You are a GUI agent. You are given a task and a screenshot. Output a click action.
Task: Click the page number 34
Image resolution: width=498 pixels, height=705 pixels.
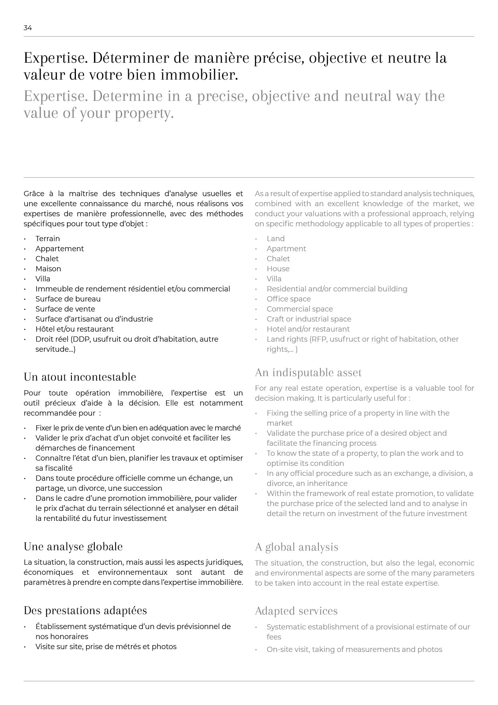pos(28,28)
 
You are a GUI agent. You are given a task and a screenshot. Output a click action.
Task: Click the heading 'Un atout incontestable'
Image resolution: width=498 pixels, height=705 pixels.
pos(80,377)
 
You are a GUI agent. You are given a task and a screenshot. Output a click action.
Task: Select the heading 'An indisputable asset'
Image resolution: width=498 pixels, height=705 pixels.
pos(308,373)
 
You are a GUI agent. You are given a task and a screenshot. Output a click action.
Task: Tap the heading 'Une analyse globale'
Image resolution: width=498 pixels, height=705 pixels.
pos(73,547)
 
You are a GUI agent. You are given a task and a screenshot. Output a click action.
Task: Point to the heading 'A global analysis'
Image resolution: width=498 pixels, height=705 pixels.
pos(296,547)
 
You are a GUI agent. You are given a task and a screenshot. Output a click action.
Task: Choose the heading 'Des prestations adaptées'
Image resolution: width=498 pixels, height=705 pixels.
pos(85,611)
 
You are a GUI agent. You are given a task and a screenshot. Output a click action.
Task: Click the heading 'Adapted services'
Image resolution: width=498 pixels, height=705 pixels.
pos(296,611)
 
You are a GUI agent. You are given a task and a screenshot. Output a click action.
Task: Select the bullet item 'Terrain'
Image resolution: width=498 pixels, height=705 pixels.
pos(47,239)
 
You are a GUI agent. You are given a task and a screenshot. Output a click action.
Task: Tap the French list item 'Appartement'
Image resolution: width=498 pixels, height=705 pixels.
pos(59,249)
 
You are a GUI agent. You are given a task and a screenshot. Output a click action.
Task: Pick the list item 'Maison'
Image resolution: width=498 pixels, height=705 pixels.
pos(48,269)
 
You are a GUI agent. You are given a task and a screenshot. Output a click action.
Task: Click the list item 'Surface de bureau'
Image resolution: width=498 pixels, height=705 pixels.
pos(68,299)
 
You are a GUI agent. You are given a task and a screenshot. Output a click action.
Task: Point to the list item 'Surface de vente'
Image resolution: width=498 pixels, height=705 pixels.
pos(65,309)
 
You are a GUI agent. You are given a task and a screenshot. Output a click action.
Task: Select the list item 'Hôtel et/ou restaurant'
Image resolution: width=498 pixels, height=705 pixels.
pos(74,329)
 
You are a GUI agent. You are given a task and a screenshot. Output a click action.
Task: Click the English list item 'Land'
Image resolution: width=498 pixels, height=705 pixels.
pos(276,239)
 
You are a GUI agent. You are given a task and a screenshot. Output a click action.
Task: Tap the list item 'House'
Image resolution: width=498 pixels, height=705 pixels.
pos(278,269)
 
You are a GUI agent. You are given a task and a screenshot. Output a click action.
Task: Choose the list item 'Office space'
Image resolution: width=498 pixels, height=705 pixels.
pos(288,299)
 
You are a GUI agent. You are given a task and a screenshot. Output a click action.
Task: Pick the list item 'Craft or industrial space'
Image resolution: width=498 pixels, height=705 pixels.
pos(309,319)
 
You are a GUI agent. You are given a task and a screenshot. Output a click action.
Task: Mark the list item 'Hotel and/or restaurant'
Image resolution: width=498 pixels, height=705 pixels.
pos(308,329)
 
